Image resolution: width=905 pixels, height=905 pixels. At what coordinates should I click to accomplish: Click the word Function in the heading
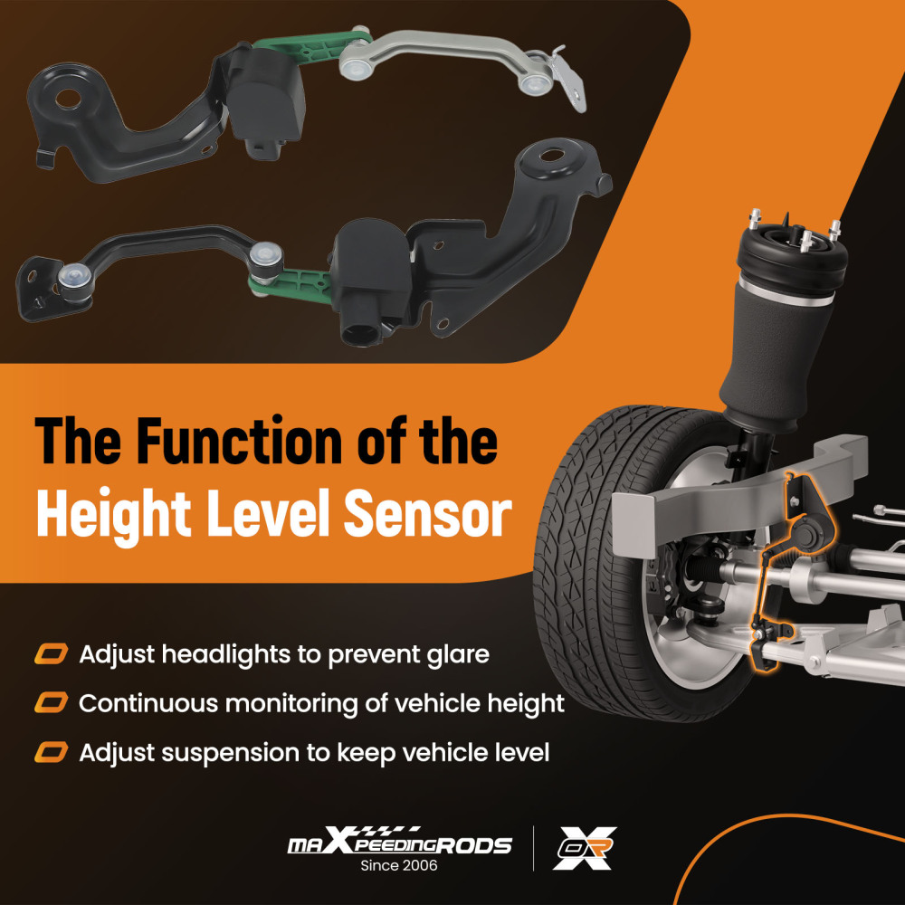(x=243, y=442)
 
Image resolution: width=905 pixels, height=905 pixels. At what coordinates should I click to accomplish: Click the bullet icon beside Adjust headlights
(x=52, y=654)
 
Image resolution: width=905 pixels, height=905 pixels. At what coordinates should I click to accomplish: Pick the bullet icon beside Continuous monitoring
(x=52, y=703)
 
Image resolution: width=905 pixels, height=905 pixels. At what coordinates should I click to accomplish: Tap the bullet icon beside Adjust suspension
(x=52, y=752)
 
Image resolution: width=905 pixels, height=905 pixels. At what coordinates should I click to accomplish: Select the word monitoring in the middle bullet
(x=300, y=705)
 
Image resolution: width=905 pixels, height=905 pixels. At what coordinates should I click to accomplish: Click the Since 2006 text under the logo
(x=399, y=865)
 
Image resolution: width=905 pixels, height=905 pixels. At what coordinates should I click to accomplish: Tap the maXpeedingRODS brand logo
(x=399, y=842)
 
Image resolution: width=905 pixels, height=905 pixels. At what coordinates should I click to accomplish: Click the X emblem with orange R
(x=585, y=848)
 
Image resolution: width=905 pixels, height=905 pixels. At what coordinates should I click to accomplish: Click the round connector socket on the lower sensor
(x=359, y=334)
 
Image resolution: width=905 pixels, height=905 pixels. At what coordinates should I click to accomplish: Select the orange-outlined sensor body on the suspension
(x=807, y=534)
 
